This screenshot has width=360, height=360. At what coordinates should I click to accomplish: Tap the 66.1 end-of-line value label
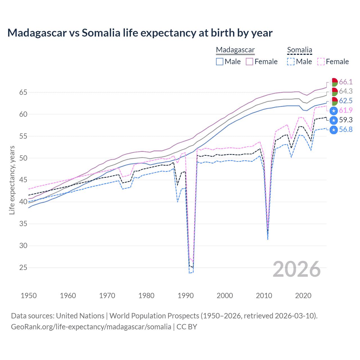tap(346, 82)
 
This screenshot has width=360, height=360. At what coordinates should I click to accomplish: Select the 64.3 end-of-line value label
tap(346, 91)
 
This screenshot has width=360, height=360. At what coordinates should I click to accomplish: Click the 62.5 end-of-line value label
tap(346, 101)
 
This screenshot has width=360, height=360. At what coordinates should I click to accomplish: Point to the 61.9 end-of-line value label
tap(346, 111)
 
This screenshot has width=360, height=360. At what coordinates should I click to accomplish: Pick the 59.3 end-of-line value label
tap(346, 120)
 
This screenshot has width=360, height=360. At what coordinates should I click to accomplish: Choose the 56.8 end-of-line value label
tap(346, 130)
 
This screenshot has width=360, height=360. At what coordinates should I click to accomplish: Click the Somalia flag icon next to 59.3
tap(334, 120)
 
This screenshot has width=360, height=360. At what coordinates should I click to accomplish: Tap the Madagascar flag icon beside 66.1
tap(334, 82)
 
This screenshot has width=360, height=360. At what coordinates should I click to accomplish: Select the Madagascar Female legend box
tap(249, 62)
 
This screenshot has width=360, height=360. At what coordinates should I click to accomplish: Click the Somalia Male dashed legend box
tap(291, 62)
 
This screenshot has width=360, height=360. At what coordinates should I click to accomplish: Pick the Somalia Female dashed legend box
tap(321, 62)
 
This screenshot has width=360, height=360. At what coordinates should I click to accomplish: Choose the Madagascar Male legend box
tap(220, 62)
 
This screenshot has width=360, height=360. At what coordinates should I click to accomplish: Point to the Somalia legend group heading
tap(300, 50)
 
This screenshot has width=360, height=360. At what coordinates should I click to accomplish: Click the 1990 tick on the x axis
tap(186, 296)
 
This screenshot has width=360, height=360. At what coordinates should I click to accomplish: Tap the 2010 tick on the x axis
tap(264, 296)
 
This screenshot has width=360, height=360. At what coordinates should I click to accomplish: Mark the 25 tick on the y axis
tap(23, 267)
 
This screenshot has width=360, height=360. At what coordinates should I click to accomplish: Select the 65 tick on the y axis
tap(23, 92)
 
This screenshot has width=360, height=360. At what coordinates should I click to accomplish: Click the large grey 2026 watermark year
tap(297, 269)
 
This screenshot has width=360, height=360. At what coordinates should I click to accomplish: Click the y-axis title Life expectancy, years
tap(12, 180)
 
